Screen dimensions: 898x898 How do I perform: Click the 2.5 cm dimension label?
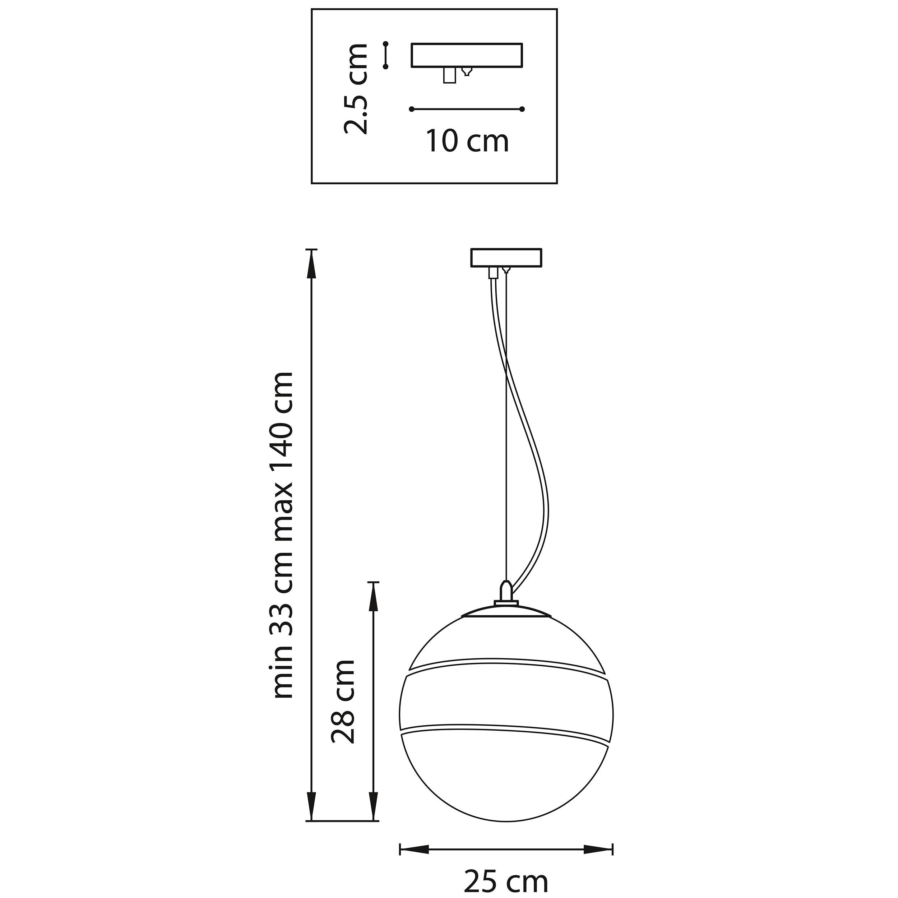click(x=356, y=89)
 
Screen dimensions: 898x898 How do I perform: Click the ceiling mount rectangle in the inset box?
click(x=467, y=55)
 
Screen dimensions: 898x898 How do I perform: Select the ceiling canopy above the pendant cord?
click(x=506, y=258)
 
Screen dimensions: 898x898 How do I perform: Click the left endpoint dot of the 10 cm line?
click(x=411, y=109)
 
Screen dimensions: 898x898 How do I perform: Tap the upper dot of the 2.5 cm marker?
click(x=385, y=44)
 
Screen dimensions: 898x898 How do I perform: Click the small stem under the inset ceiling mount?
click(x=449, y=75)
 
